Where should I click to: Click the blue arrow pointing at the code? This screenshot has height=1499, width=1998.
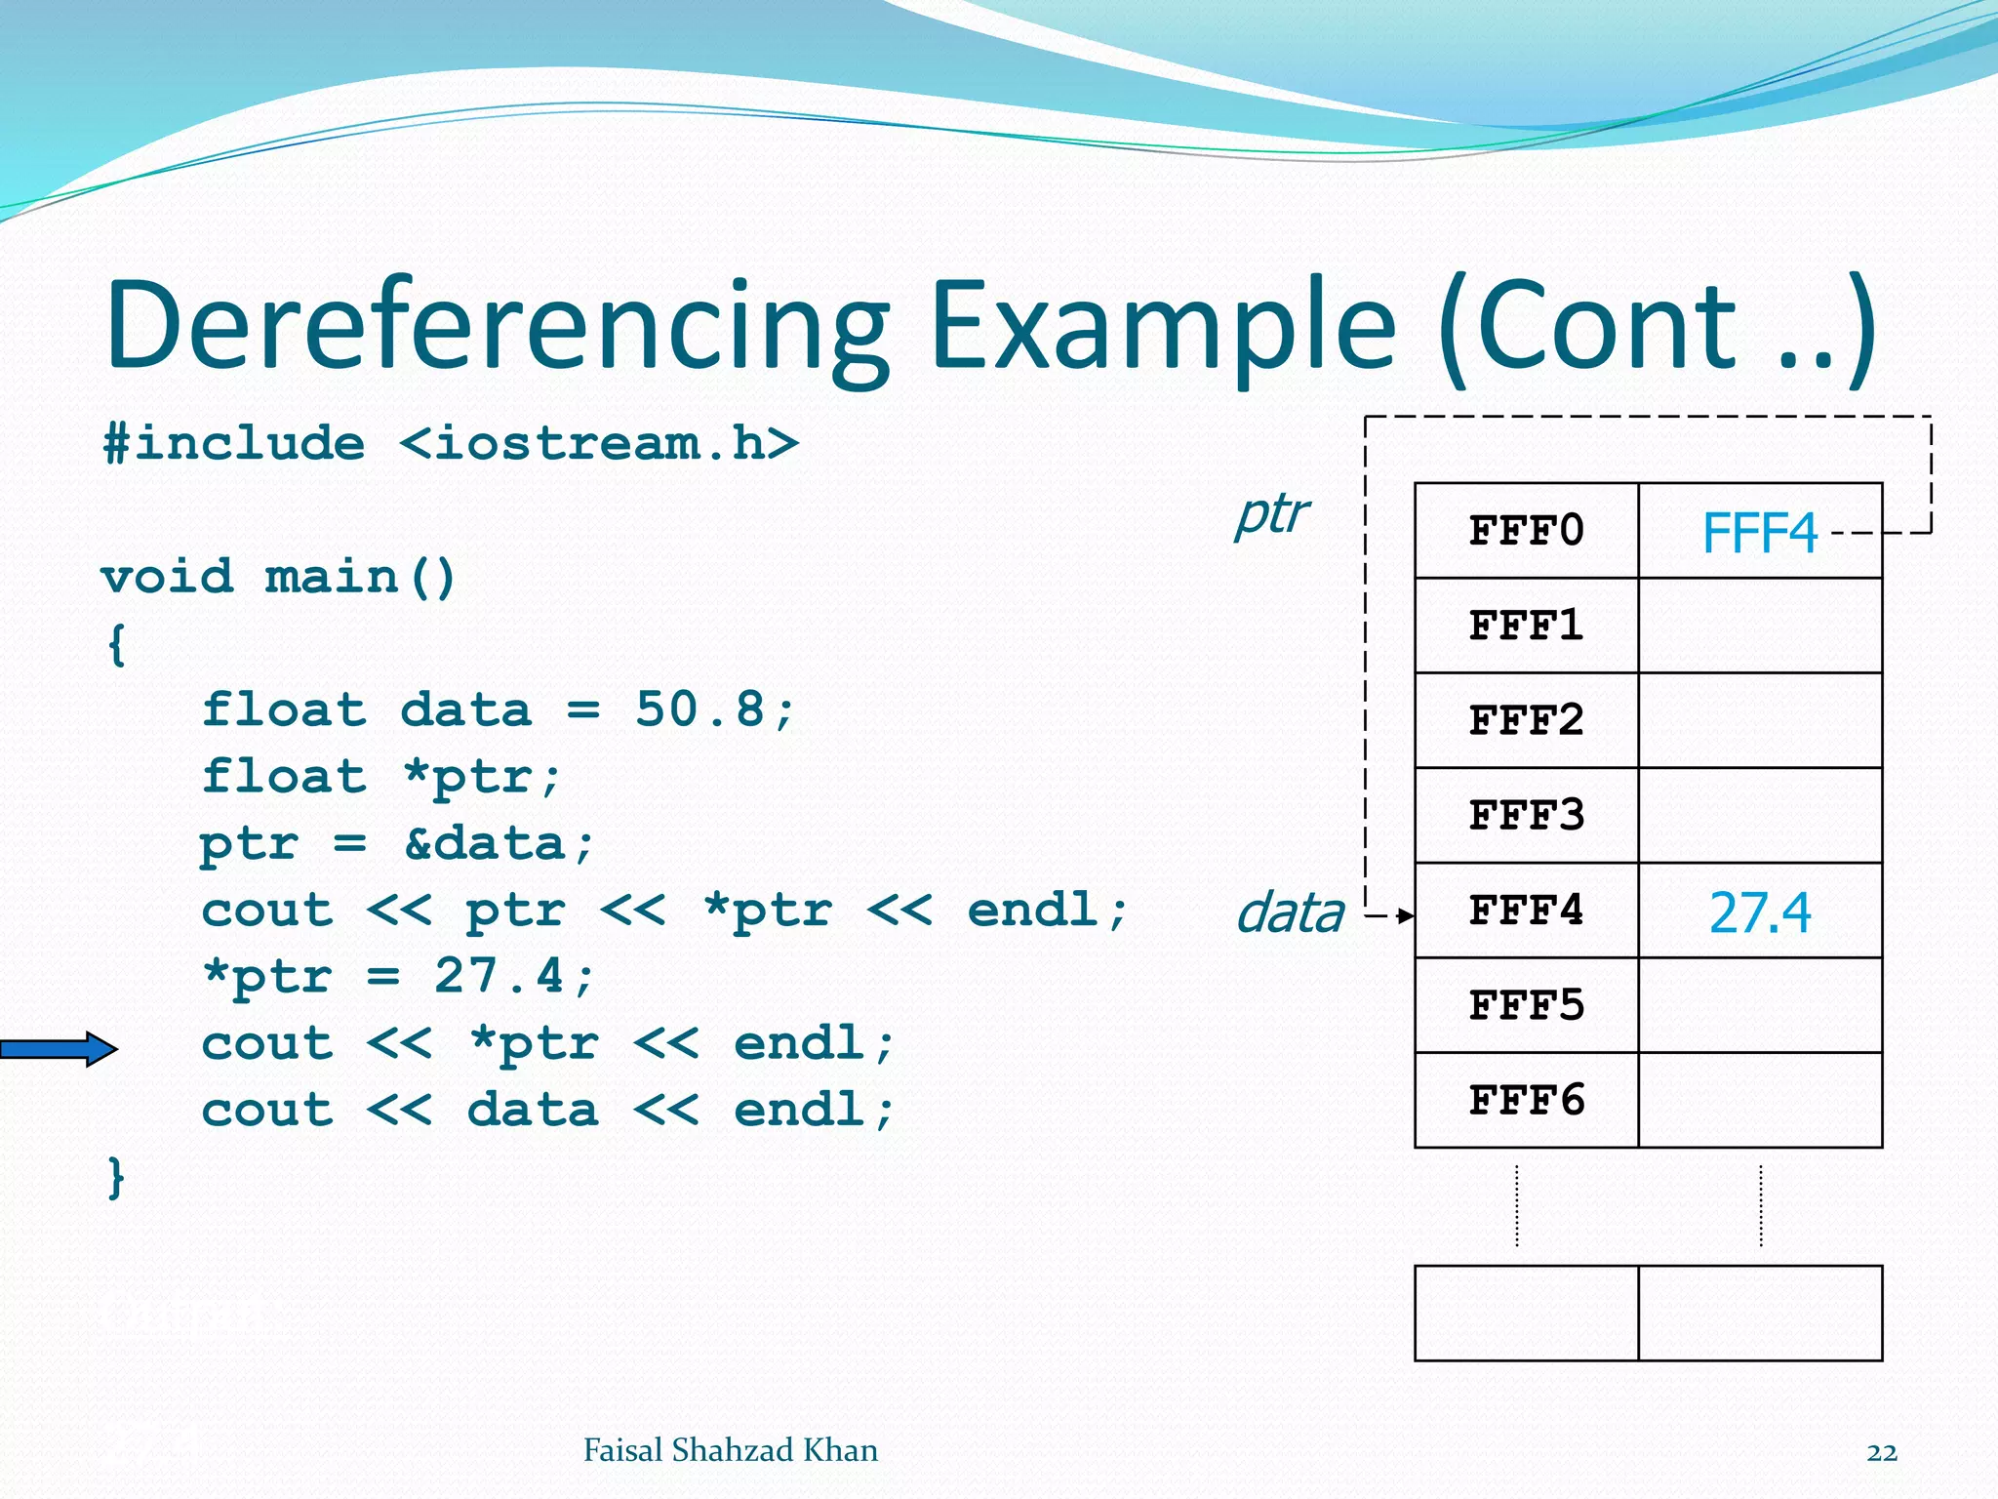point(59,1049)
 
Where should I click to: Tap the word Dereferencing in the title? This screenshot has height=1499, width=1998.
point(498,327)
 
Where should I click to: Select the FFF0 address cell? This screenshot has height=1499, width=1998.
point(1526,531)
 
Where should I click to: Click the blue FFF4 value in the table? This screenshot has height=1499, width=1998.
point(1759,534)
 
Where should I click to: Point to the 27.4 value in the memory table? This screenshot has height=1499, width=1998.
point(1759,913)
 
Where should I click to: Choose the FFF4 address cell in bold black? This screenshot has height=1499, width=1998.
point(1526,911)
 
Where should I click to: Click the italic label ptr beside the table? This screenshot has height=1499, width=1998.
point(1271,514)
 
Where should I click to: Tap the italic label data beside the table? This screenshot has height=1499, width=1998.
point(1290,913)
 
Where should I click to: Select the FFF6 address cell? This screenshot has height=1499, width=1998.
point(1526,1101)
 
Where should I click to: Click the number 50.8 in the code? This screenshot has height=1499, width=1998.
point(699,709)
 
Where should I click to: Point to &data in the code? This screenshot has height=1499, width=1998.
point(485,843)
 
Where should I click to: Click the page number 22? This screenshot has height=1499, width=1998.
point(1881,1452)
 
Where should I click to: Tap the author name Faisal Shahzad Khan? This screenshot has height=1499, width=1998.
point(730,1450)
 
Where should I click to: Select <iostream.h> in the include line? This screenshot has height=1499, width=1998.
point(599,444)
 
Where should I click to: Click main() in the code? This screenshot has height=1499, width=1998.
point(359,577)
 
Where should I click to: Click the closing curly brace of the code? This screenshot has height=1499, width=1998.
point(116,1178)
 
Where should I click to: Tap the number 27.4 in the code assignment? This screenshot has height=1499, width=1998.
point(499,976)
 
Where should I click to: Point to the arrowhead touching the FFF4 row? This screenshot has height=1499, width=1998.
point(1406,915)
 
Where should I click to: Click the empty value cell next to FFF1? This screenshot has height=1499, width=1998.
point(1759,626)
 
